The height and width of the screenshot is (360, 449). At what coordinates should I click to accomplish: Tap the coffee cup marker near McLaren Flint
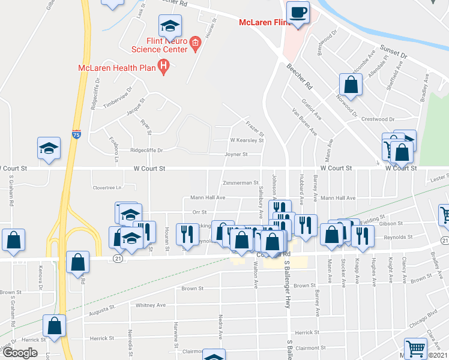click(298, 13)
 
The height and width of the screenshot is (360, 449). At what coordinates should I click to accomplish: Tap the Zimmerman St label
click(240, 182)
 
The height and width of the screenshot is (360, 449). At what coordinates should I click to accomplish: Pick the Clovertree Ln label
click(107, 188)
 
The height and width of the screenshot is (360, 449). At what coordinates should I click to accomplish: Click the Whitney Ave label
click(150, 305)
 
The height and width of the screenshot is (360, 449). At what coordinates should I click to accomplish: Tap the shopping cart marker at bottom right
click(415, 349)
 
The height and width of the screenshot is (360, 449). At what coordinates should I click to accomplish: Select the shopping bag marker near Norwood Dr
click(351, 85)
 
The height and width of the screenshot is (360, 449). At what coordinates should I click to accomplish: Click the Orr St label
click(199, 212)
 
